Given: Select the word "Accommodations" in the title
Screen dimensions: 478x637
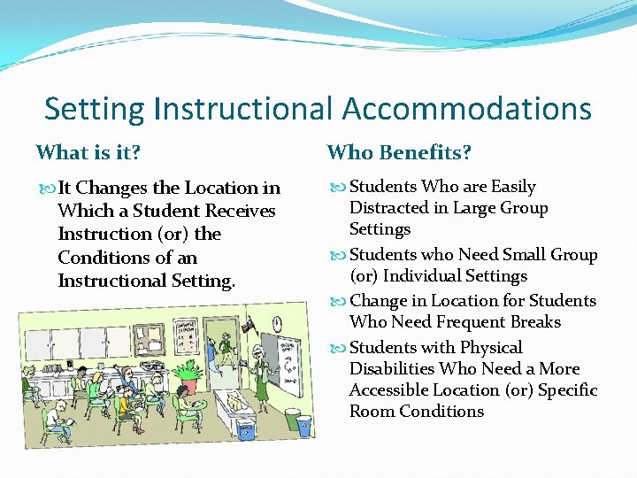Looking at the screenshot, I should (x=466, y=109).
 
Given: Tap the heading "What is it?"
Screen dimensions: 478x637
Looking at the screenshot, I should (x=88, y=153).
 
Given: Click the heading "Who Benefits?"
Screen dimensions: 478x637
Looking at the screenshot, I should (x=399, y=153).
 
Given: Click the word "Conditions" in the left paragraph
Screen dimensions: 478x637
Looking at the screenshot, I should (x=99, y=258).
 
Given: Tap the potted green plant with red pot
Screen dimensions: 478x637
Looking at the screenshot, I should (x=189, y=376).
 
